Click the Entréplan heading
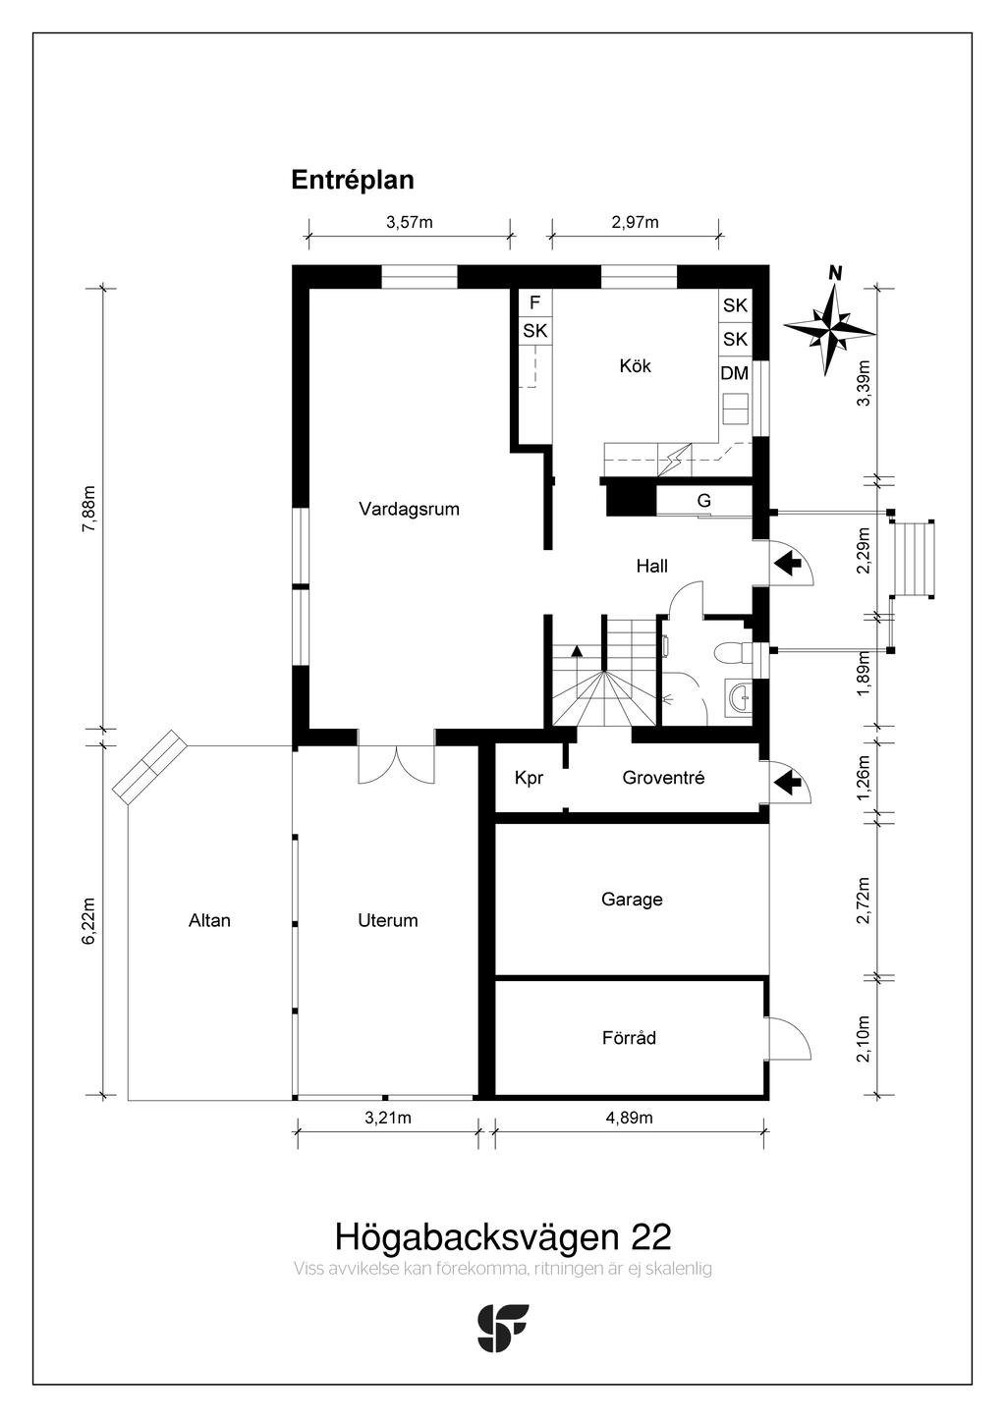353,181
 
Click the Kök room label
635,366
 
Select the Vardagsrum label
409,509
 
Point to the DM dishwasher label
735,373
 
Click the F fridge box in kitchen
535,302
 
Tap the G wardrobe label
703,501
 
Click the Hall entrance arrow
787,564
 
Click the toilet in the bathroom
732,653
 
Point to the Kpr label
530,779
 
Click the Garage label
632,900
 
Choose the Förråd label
629,1038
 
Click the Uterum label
387,920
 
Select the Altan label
209,920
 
